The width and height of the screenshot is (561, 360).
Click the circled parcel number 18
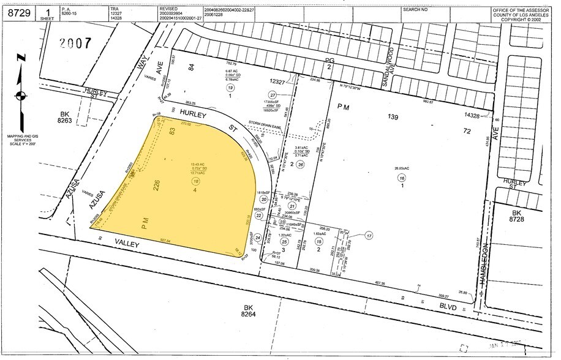coord(196,181)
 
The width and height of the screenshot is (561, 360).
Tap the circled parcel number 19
coord(230,88)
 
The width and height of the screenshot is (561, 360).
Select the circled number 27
coord(273,94)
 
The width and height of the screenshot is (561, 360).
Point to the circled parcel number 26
coord(300,164)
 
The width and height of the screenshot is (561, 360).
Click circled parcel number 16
coord(402,178)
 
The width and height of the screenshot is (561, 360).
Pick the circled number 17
coord(368,235)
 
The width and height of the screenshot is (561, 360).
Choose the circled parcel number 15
coord(318,244)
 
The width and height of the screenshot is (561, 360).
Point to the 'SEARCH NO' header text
coord(415,10)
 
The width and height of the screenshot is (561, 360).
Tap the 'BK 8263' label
coord(66,118)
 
